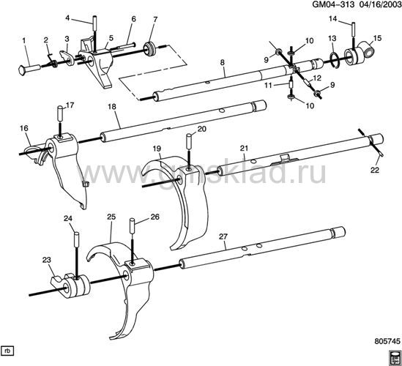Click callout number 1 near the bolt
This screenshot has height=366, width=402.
pos(24,40)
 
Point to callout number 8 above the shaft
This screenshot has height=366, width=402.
pos(223,62)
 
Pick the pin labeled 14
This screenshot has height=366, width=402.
pos(354,29)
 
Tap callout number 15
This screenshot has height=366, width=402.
pos(377,38)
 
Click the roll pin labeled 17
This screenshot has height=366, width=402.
pos(60,113)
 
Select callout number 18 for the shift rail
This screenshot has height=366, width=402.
pos(112,107)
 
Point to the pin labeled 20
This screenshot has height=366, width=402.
pos(188,141)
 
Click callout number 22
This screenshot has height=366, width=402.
pos(375,170)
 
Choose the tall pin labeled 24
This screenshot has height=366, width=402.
pos(76,239)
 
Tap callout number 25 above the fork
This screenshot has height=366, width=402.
pos(111,217)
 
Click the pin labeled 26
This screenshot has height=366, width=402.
pos(132,225)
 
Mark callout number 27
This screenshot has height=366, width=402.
pos(223,236)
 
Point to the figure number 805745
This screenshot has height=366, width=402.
pos(387,341)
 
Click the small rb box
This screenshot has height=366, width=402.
pos(7,351)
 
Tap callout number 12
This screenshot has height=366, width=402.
pos(317,78)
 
